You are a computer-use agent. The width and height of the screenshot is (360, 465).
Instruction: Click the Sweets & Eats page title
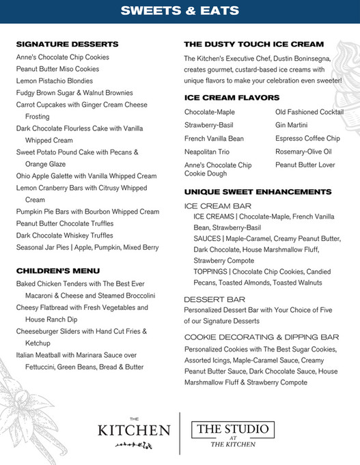180,11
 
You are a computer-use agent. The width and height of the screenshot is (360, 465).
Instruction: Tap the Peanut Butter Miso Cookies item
57,69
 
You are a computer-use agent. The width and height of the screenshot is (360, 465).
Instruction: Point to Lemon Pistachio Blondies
55,81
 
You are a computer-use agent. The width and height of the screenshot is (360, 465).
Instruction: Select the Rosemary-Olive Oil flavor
303,152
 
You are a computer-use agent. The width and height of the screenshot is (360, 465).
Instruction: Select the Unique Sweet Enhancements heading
258,191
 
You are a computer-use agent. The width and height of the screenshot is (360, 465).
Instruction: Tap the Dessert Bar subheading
215,299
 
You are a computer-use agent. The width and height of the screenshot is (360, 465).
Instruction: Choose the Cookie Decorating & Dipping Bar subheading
262,337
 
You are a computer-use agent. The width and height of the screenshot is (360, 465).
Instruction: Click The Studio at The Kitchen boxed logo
234,434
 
